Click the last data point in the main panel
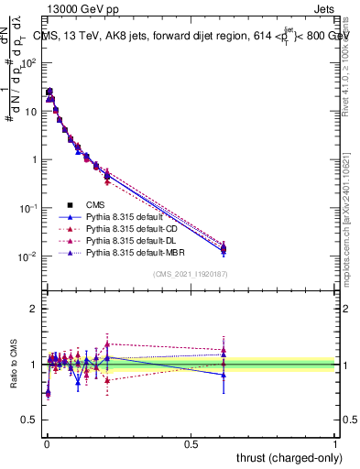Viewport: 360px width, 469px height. pyautogui.click(x=224, y=248)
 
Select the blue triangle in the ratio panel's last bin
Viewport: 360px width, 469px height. pyautogui.click(x=224, y=375)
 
